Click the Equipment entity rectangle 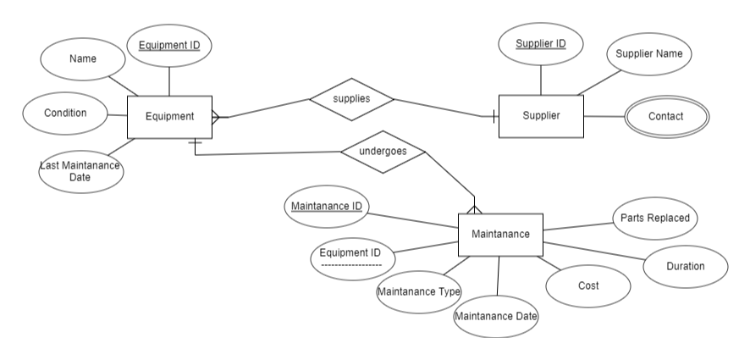[169, 117]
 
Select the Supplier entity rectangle [541, 115]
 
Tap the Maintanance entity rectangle [500, 235]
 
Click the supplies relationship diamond [351, 99]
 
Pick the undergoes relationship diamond [383, 152]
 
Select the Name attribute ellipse [83, 59]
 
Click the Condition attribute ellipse [65, 113]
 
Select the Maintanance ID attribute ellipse [327, 206]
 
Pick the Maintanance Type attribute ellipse [418, 292]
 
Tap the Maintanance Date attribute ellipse [496, 317]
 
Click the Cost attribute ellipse [587, 286]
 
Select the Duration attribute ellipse [685, 266]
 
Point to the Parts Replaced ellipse [654, 219]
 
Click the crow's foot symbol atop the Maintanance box [473, 207]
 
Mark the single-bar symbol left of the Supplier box [494, 116]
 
